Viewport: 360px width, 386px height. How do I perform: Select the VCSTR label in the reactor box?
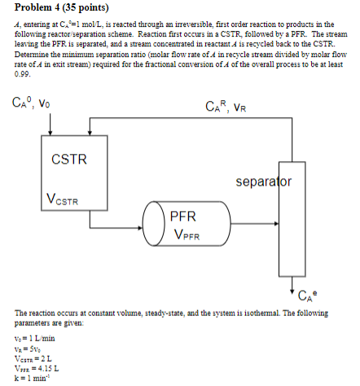pos(64,198)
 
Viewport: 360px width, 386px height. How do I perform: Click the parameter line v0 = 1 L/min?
pos(35,338)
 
